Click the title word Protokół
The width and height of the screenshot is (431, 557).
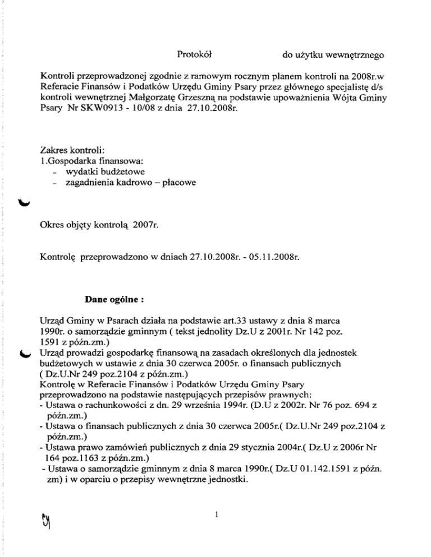(x=193, y=55)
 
